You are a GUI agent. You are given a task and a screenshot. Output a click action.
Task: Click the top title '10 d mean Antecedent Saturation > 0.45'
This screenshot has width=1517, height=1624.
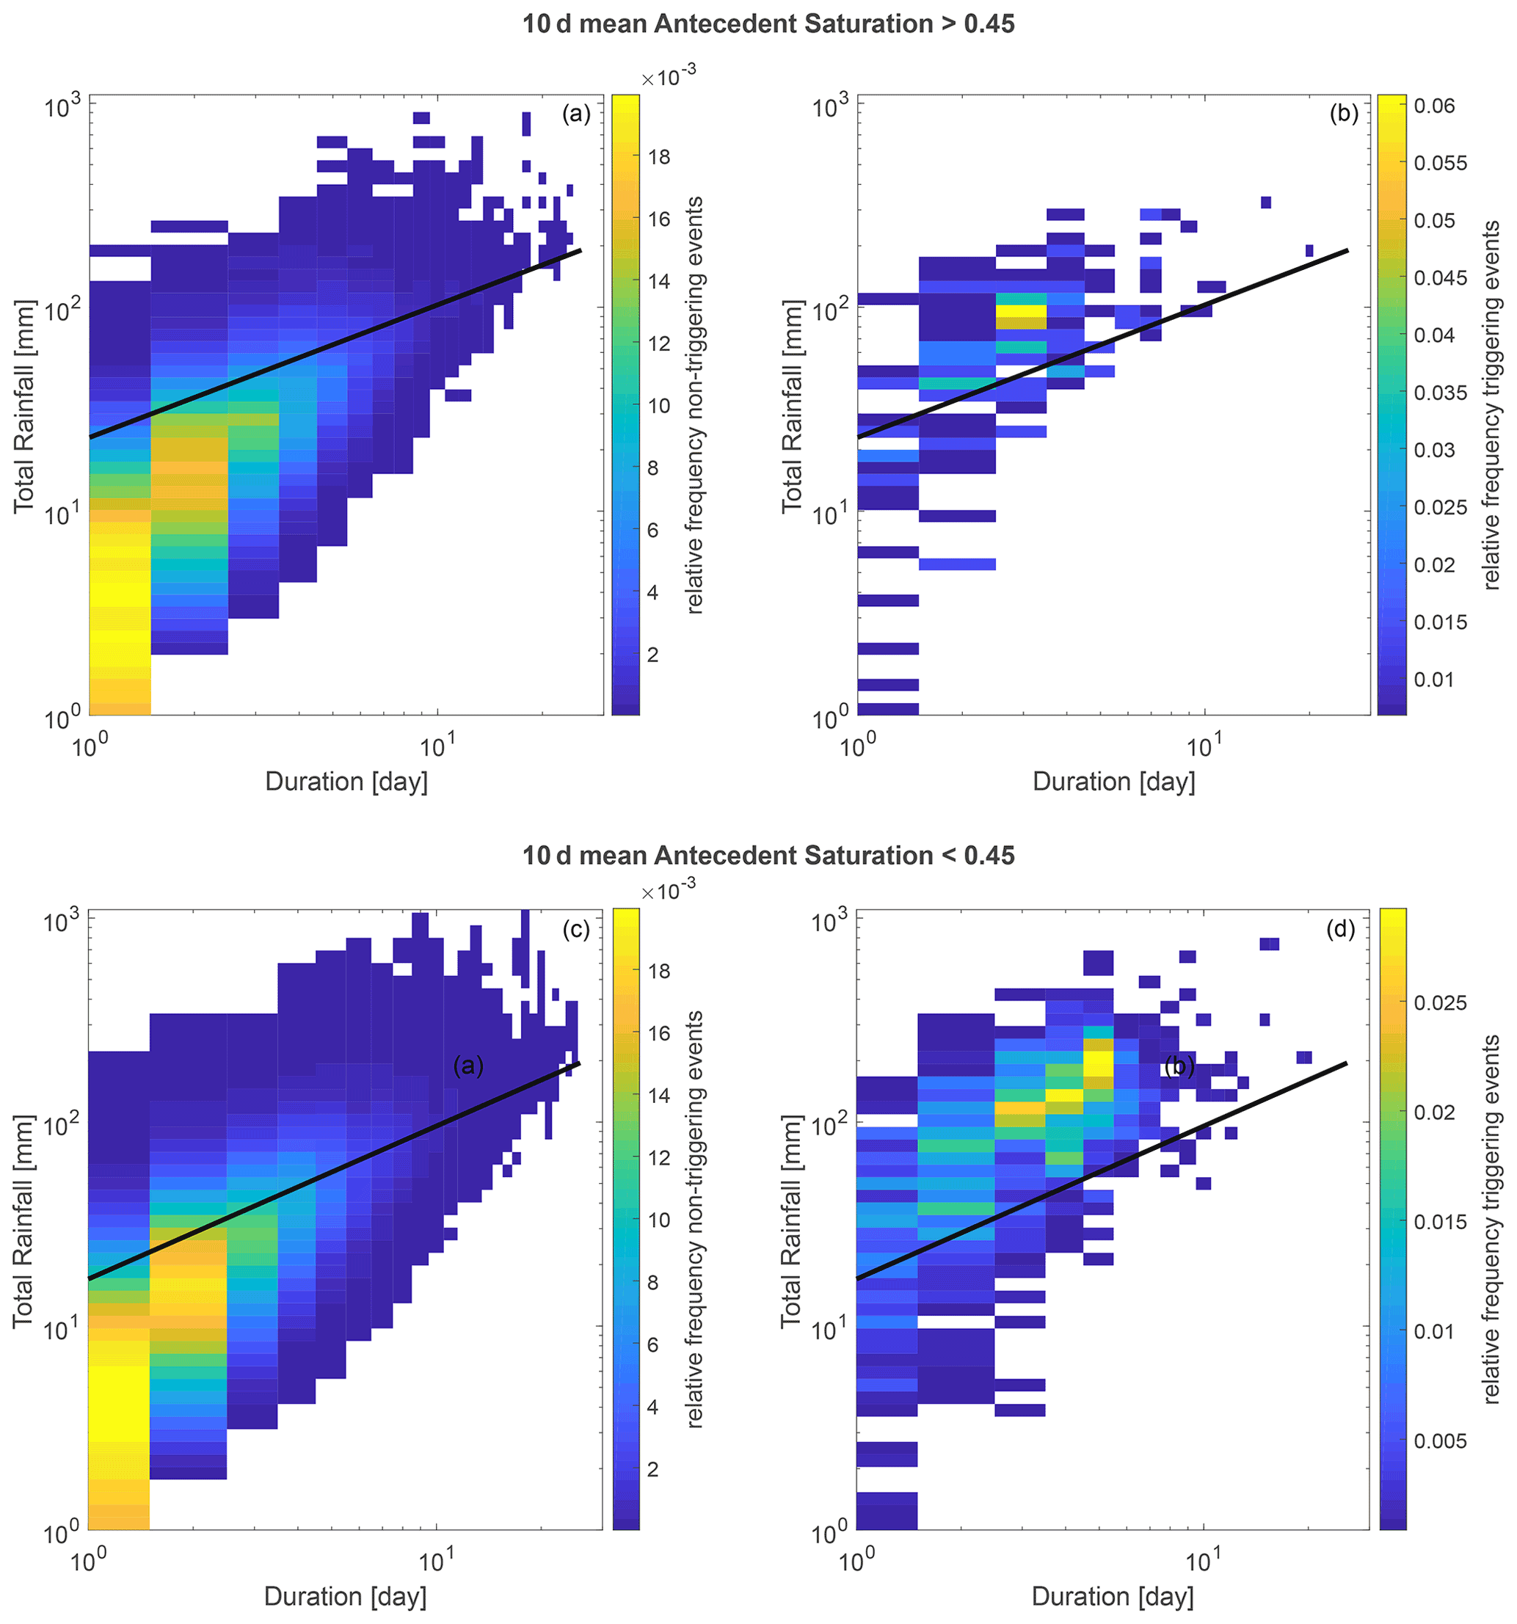click(x=768, y=23)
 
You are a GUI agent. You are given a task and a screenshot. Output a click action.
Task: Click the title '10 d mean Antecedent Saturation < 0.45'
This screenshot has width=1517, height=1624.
click(x=768, y=855)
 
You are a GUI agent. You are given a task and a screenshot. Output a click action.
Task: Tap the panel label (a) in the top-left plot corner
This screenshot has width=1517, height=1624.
click(x=576, y=114)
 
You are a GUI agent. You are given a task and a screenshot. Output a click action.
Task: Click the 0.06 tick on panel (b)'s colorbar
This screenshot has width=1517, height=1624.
click(x=1435, y=106)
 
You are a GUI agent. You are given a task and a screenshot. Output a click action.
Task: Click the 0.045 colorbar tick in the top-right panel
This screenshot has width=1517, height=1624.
click(x=1440, y=277)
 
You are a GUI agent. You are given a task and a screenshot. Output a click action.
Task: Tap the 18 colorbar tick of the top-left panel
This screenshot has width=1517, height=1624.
click(x=658, y=157)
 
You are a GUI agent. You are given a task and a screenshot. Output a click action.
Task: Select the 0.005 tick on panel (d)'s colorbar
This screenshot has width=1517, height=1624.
click(x=1440, y=1441)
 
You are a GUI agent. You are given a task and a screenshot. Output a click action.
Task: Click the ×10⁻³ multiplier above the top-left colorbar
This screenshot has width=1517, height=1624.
click(x=669, y=78)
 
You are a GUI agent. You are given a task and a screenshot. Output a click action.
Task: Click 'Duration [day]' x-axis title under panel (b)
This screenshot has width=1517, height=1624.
click(x=1113, y=782)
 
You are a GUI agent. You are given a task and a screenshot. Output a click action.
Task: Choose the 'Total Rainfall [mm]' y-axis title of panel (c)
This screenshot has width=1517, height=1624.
click(x=23, y=1220)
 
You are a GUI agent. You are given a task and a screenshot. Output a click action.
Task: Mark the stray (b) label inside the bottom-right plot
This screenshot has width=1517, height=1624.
click(x=1177, y=1066)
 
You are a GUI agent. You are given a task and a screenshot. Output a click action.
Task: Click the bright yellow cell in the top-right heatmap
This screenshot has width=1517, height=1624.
click(x=1020, y=311)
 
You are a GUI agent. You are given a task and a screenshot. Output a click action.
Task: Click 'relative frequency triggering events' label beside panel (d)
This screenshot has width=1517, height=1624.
click(x=1491, y=1220)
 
